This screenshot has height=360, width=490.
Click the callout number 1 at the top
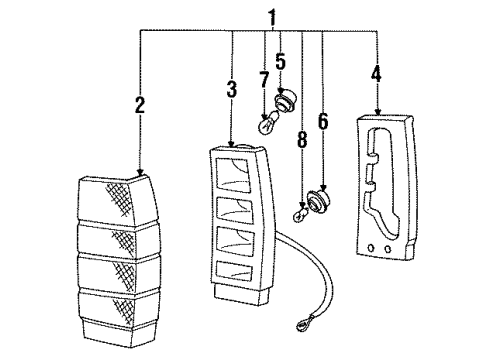click(x=273, y=18)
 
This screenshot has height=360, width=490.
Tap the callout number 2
click(x=140, y=105)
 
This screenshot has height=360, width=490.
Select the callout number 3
click(x=232, y=89)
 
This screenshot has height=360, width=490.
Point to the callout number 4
click(x=377, y=74)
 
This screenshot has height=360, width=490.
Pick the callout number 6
click(x=323, y=121)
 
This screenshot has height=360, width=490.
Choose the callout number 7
click(x=264, y=80)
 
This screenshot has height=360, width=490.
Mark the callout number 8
click(x=302, y=139)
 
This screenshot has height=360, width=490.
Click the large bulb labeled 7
click(x=269, y=123)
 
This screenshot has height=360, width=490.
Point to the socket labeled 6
click(x=319, y=200)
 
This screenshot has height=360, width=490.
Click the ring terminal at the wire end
click(x=303, y=326)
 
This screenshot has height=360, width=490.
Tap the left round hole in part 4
click(x=371, y=248)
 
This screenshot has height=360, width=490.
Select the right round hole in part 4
click(x=387, y=249)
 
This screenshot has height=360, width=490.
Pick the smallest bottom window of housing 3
click(x=234, y=271)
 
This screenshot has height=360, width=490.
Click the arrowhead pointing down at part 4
click(x=377, y=112)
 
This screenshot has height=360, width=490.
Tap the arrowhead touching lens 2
click(x=140, y=172)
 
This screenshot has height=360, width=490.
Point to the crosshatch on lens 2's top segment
click(x=119, y=197)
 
